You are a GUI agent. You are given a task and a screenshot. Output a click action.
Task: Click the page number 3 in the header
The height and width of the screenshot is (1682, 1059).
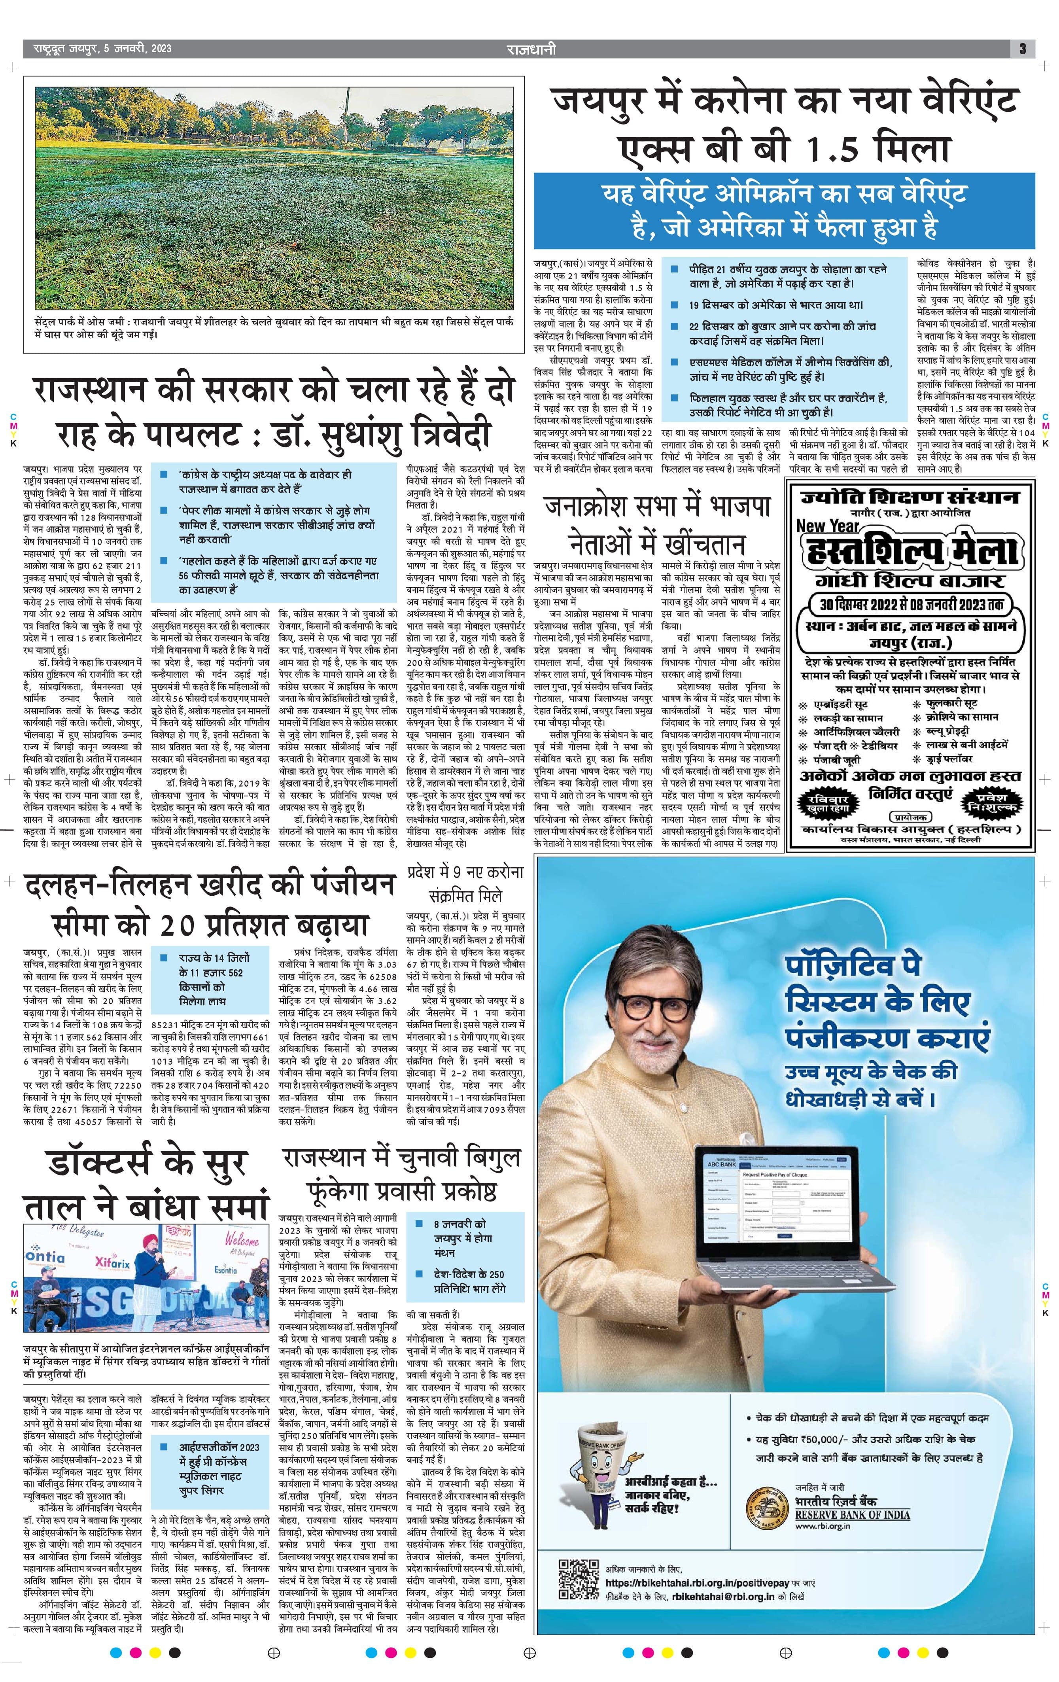click(x=1022, y=49)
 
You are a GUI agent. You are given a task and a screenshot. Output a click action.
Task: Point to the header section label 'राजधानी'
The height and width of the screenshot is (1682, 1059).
click(x=531, y=49)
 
